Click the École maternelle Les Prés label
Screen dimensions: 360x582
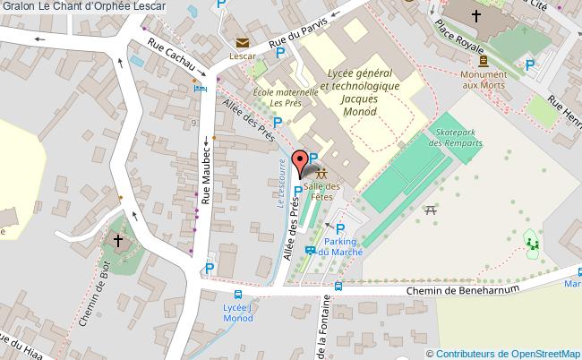[x=286, y=98]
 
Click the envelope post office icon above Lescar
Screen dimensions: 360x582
[x=242, y=42]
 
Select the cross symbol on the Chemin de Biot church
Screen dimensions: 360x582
[x=118, y=240]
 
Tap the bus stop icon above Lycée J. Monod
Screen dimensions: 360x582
[x=238, y=295]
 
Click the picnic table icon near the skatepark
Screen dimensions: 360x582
[x=432, y=210]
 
